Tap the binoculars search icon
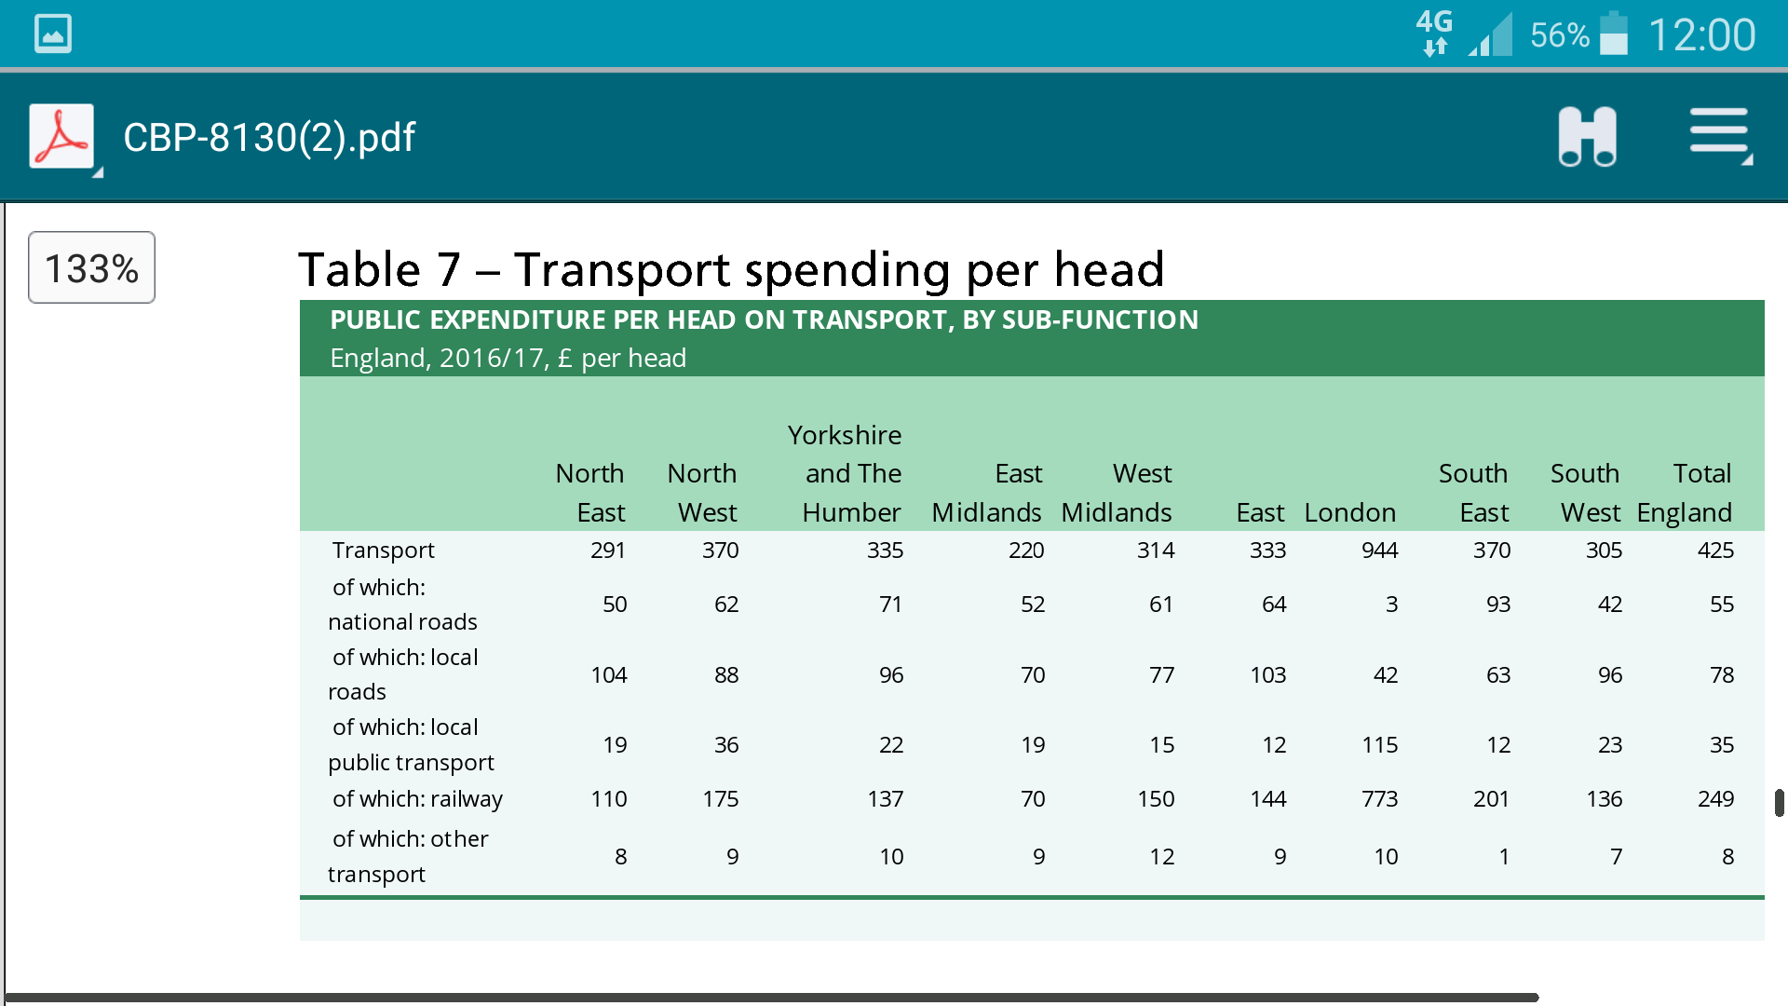pyautogui.click(x=1587, y=137)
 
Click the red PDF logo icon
pyautogui.click(x=61, y=136)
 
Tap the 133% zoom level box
pyautogui.click(x=91, y=268)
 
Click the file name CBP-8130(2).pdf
pyautogui.click(x=269, y=138)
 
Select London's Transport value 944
pyautogui.click(x=1379, y=551)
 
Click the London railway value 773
pyautogui.click(x=1379, y=799)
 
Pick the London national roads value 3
pyautogui.click(x=1391, y=605)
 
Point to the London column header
pyautogui.click(x=1349, y=512)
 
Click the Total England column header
pyautogui.click(x=1686, y=493)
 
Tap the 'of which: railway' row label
pyautogui.click(x=417, y=799)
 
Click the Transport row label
pyautogui.click(x=384, y=551)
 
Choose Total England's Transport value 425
pyautogui.click(x=1715, y=551)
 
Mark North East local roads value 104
pyautogui.click(x=609, y=675)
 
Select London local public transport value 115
pyautogui.click(x=1379, y=745)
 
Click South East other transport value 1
pyautogui.click(x=1504, y=857)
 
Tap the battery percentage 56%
pyautogui.click(x=1559, y=35)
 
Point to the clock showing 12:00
pyautogui.click(x=1701, y=35)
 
